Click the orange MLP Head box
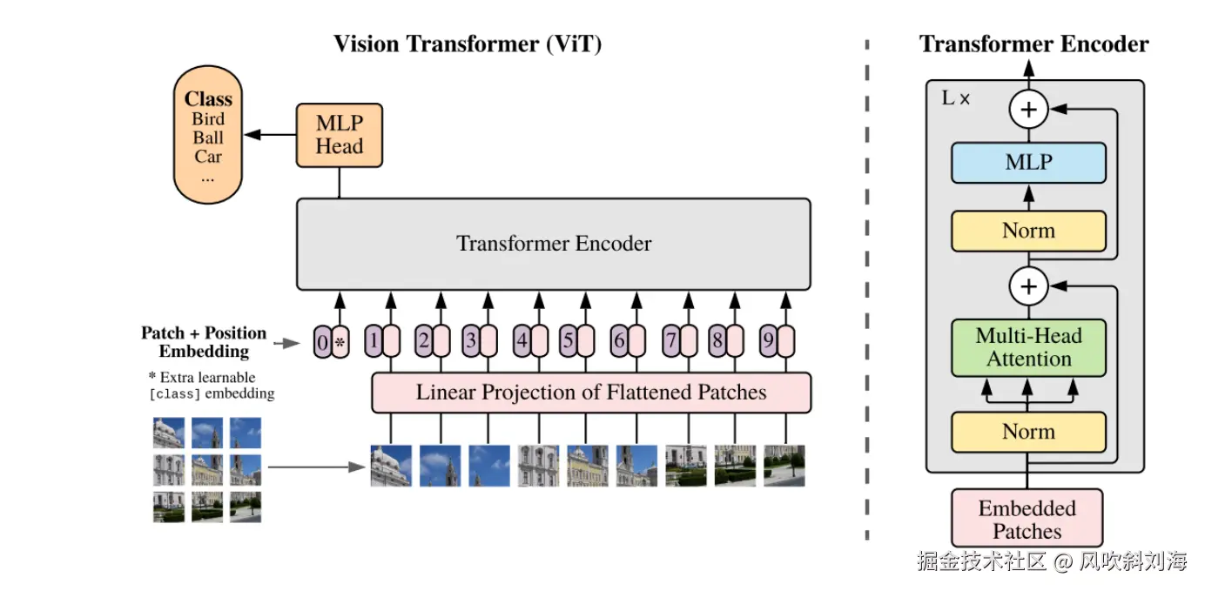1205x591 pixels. click(340, 135)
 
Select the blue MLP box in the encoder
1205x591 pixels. click(1028, 163)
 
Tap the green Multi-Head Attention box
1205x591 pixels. click(1028, 348)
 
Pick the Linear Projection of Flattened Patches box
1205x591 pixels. click(591, 393)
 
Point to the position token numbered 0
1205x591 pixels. click(323, 342)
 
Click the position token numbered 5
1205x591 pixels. click(568, 341)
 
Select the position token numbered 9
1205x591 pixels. click(768, 341)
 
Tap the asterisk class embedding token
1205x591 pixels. click(340, 342)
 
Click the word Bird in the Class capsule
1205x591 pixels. click(208, 119)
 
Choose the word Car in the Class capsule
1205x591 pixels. click(208, 157)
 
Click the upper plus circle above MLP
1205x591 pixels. click(1028, 110)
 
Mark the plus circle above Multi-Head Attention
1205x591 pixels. click(1028, 286)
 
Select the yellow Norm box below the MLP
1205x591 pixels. click(1028, 231)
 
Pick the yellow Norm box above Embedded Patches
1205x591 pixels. click(1028, 432)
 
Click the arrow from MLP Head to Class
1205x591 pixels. click(270, 134)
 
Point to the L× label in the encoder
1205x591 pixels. click(955, 98)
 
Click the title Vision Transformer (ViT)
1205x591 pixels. click(468, 44)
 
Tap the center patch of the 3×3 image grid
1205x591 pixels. click(207, 470)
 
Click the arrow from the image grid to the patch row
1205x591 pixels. click(317, 467)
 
